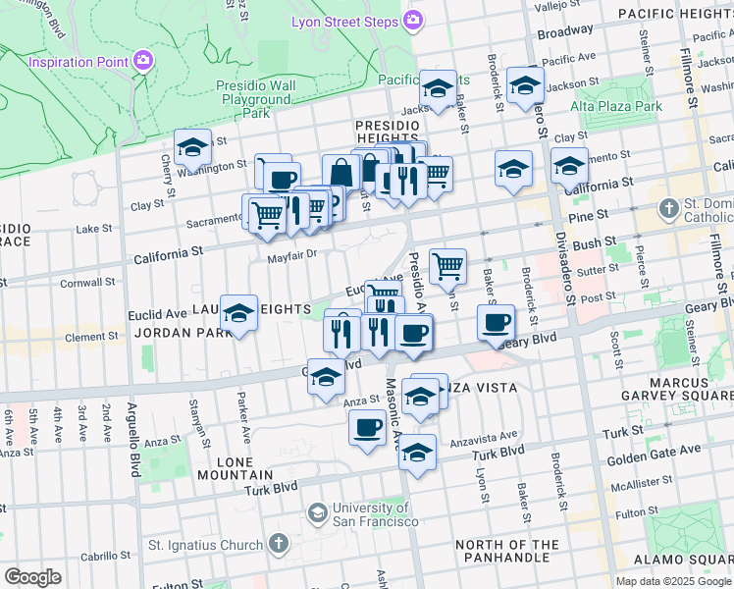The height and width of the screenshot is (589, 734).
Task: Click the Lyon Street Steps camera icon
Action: pyautogui.click(x=413, y=21)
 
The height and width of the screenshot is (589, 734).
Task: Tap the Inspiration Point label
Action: pyautogui.click(x=79, y=62)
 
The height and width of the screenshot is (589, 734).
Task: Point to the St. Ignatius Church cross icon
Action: pyautogui.click(x=279, y=544)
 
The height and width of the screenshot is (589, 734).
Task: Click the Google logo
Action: pyautogui.click(x=32, y=577)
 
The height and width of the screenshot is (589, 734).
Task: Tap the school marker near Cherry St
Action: pyautogui.click(x=193, y=148)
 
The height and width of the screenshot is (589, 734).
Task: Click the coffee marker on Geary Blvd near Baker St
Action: pyautogui.click(x=497, y=322)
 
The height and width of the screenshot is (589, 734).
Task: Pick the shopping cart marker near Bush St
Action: pyautogui.click(x=447, y=264)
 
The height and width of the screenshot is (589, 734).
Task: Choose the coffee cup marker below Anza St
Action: pyautogui.click(x=368, y=428)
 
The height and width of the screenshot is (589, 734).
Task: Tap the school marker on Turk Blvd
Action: pyautogui.click(x=417, y=454)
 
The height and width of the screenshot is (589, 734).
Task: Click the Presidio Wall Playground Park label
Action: pyautogui.click(x=256, y=99)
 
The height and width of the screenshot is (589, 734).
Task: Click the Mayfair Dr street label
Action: pyautogui.click(x=293, y=255)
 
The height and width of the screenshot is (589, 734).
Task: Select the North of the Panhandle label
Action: pyautogui.click(x=506, y=552)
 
